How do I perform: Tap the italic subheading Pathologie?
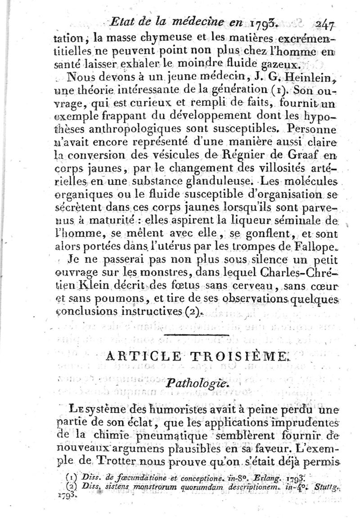[x=198, y=384]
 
